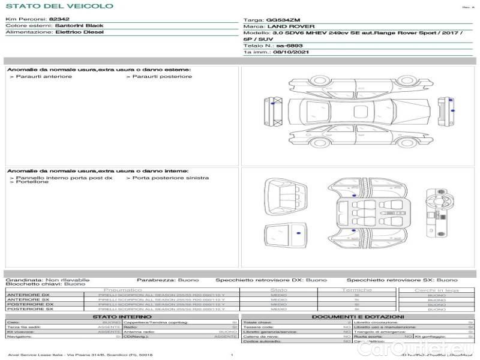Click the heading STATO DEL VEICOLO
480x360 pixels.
[59, 6]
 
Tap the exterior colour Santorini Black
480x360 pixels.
[79, 26]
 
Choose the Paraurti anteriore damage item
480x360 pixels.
[44, 76]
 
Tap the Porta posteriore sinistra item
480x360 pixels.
[170, 178]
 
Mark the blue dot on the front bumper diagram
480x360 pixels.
[274, 104]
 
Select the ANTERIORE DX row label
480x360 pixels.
[28, 295]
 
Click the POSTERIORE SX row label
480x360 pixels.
[29, 309]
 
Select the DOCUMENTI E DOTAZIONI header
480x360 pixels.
[358, 316]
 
